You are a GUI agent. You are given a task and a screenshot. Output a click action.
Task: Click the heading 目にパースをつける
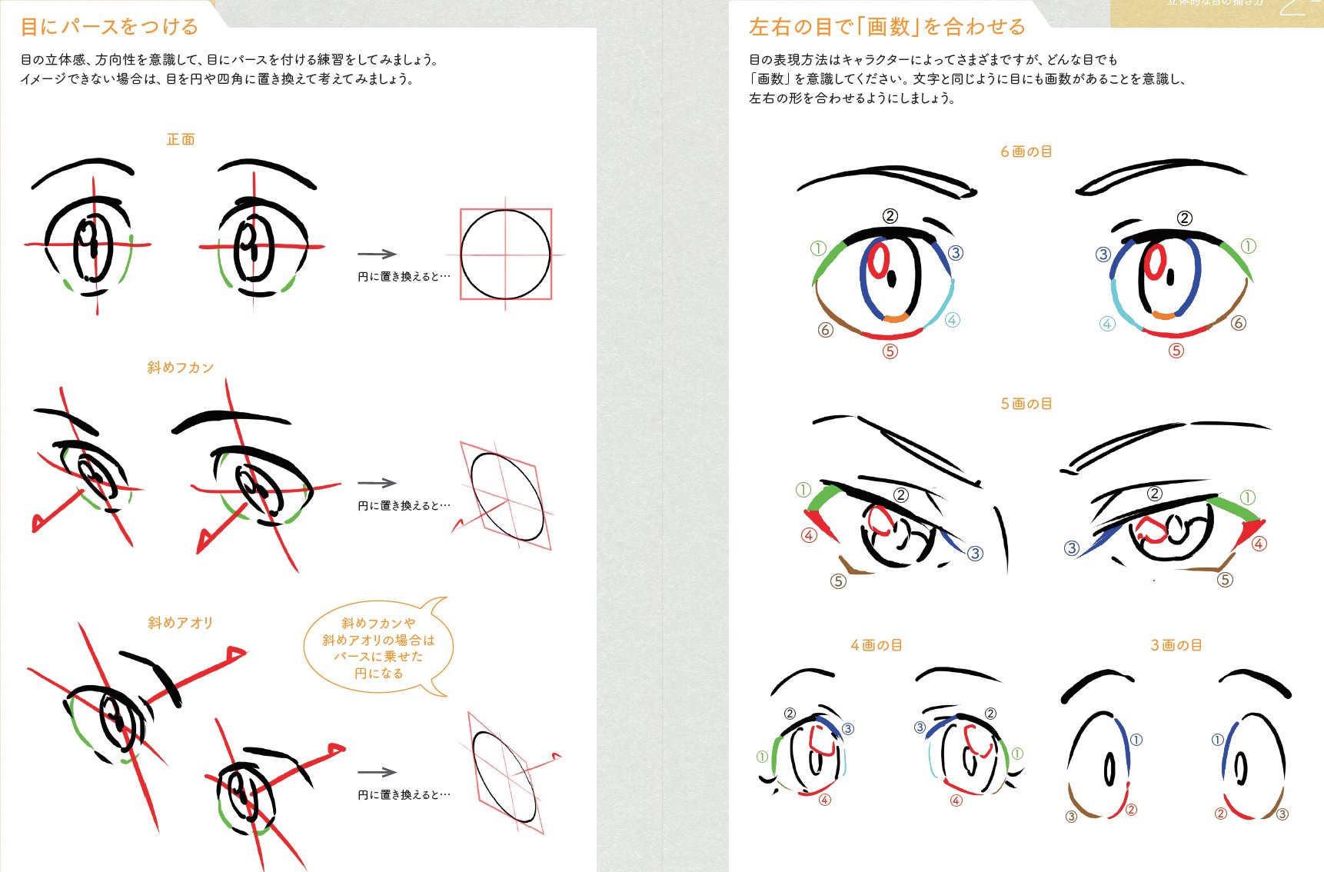(x=109, y=27)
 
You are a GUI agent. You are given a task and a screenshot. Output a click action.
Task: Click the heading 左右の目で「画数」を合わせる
(x=887, y=27)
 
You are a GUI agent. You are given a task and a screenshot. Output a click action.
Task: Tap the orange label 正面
(x=181, y=139)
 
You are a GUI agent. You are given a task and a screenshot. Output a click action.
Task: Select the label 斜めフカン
(x=181, y=368)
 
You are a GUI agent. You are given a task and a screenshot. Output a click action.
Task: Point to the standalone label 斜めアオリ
(x=181, y=623)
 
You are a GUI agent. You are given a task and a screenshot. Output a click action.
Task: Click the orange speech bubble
(x=378, y=647)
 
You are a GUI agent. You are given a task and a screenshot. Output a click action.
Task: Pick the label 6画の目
(x=1026, y=151)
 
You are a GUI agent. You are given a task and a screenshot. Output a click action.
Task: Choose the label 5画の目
(x=1026, y=404)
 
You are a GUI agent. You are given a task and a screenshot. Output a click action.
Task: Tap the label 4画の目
(x=876, y=645)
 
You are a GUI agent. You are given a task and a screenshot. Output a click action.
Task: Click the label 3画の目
(x=1176, y=645)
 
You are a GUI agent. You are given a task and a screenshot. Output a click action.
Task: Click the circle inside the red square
(x=506, y=254)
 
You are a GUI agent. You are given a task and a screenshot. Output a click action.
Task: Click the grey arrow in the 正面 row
(x=377, y=254)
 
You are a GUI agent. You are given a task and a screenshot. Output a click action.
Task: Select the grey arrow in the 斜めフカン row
(x=377, y=483)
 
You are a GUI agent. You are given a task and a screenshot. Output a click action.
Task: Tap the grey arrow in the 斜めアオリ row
(x=377, y=772)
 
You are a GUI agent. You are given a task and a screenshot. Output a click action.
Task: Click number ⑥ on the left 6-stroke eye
(x=825, y=330)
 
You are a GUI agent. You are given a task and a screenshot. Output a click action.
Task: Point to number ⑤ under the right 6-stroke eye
(x=1176, y=351)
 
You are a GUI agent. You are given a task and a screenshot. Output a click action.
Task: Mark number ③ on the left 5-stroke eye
(x=975, y=553)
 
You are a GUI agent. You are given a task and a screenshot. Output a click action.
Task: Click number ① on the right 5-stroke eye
(x=1248, y=498)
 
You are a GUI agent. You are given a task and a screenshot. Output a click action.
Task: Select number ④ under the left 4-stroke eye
(x=824, y=800)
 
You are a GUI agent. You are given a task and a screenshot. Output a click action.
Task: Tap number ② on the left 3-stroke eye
(x=1131, y=810)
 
